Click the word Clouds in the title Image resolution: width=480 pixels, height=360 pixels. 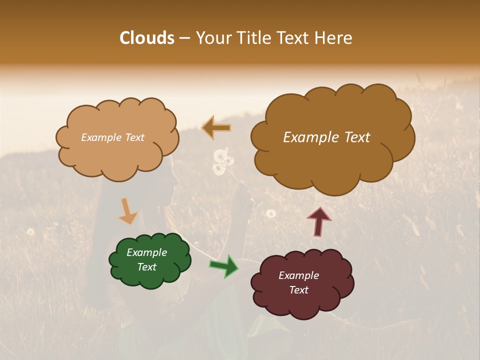147,38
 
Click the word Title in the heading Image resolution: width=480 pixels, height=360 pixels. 253,38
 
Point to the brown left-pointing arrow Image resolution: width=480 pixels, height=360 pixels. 216,128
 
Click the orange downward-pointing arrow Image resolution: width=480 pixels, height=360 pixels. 127,211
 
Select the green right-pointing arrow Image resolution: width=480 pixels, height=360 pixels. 224,265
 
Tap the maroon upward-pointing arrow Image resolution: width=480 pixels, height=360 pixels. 319,221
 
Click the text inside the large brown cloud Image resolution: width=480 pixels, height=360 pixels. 326,137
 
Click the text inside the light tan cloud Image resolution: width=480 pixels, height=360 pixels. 112,137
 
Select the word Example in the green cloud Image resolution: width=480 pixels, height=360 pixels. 146,252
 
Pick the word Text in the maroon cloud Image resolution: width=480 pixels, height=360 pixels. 298,290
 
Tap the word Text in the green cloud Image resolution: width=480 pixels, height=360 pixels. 146,267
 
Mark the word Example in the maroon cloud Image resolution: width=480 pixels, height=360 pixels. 298,275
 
